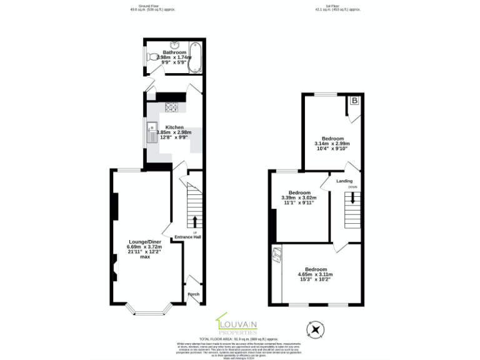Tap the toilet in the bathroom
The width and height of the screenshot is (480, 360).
tap(152, 57)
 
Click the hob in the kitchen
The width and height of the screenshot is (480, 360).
tap(171, 107)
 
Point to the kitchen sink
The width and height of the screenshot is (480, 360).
tap(151, 133)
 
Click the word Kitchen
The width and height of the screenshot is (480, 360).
tap(174, 127)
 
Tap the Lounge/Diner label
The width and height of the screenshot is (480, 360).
tap(144, 242)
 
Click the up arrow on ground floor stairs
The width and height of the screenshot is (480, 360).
tap(194, 222)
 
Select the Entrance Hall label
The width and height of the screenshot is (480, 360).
tap(187, 237)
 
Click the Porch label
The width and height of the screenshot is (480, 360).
tap(194, 292)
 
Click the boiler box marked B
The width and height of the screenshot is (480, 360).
tap(354, 101)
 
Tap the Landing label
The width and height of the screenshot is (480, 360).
tap(344, 181)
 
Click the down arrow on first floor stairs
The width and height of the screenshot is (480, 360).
tap(352, 198)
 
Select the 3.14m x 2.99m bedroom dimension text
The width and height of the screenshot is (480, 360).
tap(332, 144)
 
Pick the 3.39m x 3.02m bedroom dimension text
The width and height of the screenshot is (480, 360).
tap(299, 198)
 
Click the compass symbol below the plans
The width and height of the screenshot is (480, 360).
tap(316, 329)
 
